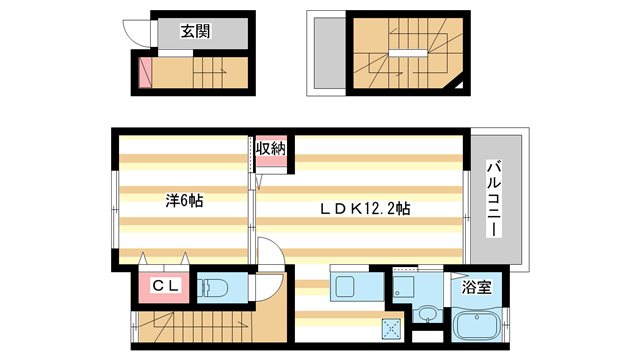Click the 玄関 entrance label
point(195,31)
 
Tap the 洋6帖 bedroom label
point(184,200)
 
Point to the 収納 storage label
point(270,149)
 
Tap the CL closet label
point(165,287)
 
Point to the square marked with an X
point(390,327)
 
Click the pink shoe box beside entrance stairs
point(145,71)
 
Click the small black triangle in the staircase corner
point(460,86)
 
